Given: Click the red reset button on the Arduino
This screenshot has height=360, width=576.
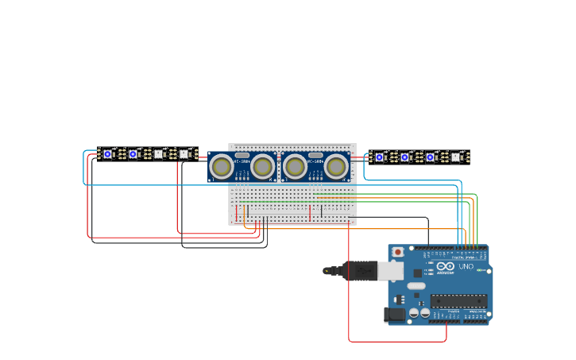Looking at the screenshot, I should [396, 252].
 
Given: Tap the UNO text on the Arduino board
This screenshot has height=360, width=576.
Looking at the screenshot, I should [466, 266].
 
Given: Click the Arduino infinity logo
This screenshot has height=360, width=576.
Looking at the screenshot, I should [445, 266].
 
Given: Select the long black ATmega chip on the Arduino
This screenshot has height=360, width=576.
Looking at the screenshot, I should [458, 300].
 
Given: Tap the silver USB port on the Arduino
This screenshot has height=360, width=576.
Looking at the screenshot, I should [390, 271].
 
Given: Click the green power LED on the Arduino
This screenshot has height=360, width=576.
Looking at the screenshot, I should [479, 270].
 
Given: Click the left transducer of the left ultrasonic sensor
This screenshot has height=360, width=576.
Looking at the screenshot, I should [221, 167].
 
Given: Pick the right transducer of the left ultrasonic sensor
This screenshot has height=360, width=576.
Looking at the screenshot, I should [263, 167].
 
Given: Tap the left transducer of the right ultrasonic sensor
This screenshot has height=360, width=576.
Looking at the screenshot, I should [295, 167].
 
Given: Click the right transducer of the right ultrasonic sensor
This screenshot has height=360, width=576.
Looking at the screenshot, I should [336, 167].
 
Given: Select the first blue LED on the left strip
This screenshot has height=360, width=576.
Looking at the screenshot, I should [107, 154].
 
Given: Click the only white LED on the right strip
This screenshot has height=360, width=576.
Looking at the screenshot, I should [455, 157].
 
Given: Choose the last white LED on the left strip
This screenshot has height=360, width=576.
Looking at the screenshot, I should [184, 154].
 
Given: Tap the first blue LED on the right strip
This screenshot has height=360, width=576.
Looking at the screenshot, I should [379, 157].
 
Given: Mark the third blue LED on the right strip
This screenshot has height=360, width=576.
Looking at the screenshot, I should [430, 157].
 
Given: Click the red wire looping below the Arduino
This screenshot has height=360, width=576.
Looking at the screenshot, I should [397, 342].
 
